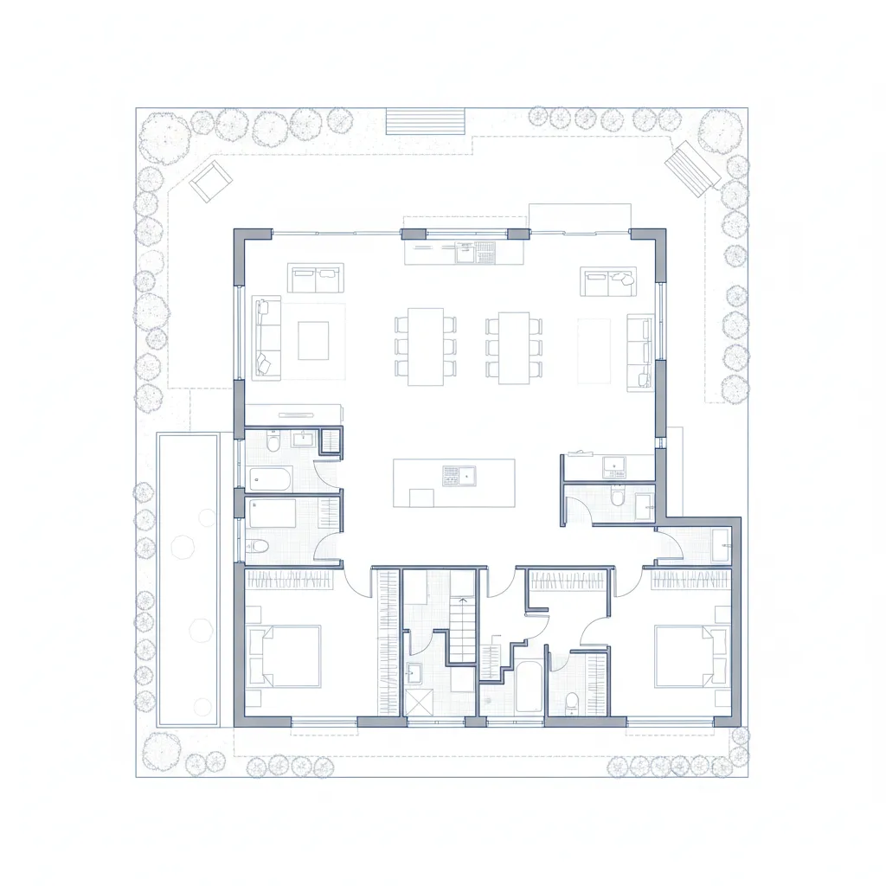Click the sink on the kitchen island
coord(459,475)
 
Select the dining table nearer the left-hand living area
coord(426,346)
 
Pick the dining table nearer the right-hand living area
coord(514,346)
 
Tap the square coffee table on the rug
coord(313,340)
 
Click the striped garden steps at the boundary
coord(426,121)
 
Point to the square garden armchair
coord(210,181)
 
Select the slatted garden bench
coord(692,168)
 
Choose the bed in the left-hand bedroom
coord(285,656)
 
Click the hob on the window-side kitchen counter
coord(485,253)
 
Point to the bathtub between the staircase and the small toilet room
coord(529,688)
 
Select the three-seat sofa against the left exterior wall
coord(267,337)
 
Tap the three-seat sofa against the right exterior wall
coord(639,351)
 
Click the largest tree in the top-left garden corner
coord(164,137)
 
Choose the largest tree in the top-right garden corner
coord(720,131)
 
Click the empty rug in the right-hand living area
coord(594,350)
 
